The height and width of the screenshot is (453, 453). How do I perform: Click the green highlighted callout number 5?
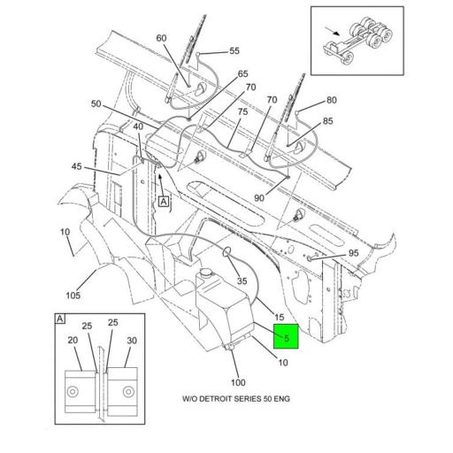tap(286, 336)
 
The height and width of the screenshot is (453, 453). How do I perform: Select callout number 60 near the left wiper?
tap(161, 38)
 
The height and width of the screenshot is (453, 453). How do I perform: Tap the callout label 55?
tap(234, 51)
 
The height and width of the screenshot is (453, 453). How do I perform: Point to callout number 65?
tap(242, 74)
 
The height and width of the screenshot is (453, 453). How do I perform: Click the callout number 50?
tap(96, 104)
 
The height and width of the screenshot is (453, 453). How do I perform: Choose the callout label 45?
tap(77, 166)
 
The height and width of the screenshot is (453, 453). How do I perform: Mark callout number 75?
tap(242, 112)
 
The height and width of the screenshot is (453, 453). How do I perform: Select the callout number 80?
tap(331, 100)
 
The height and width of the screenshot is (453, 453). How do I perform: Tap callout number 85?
tap(328, 121)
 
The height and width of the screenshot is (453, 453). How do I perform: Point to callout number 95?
tap(353, 253)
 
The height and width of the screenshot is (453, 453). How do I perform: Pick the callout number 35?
tap(242, 281)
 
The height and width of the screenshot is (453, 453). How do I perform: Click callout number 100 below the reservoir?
tap(238, 382)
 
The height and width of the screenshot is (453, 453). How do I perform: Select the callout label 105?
tap(73, 296)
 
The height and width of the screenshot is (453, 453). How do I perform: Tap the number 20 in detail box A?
tap(73, 342)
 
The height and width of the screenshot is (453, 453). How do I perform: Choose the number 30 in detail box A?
tap(133, 342)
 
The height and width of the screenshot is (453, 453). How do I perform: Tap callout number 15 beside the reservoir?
tap(278, 318)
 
